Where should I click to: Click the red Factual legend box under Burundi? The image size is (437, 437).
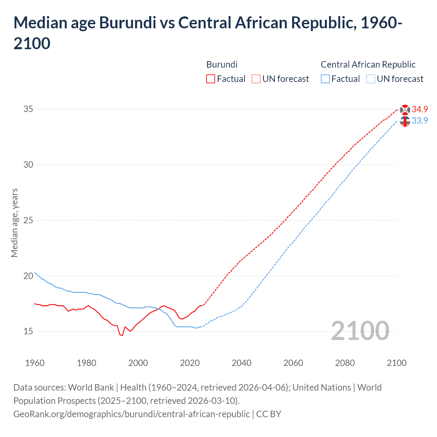pos(211,79)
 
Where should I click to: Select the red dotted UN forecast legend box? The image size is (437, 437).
pos(256,79)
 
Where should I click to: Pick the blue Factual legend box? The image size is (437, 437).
pos(325,79)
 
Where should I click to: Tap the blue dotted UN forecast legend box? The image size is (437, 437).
pos(370,79)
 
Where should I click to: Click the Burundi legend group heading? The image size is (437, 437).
pos(222,65)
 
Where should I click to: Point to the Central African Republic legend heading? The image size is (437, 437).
pos(368,65)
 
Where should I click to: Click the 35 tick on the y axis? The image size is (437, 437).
pos(28,109)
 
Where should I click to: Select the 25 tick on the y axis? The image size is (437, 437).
pos(28,220)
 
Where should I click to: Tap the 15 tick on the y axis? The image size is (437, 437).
pos(28,331)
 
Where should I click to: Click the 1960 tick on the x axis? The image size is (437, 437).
pos(35,363)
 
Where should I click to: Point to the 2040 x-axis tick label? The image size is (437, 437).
pos(241,363)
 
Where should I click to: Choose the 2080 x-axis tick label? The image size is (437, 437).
pos(345,363)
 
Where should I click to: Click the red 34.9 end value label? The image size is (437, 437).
pos(420,109)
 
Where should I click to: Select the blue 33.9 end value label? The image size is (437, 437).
pos(420,121)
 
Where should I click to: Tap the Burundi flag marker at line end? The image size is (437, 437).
pos(405,110)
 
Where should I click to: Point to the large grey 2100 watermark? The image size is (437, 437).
pos(360,331)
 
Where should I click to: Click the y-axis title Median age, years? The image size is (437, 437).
pos(14,223)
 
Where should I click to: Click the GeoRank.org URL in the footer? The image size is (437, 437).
pos(131,414)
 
